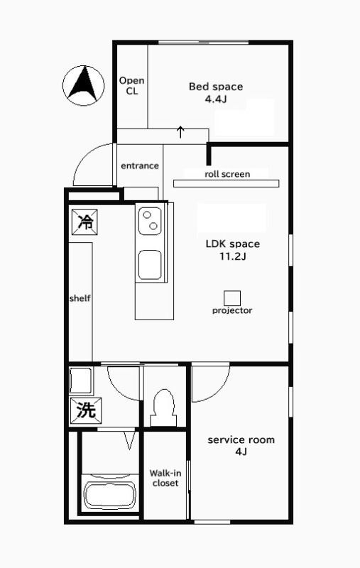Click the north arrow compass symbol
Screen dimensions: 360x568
(x=83, y=86)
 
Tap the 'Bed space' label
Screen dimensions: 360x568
(x=216, y=87)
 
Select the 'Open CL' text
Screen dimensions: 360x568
(x=132, y=86)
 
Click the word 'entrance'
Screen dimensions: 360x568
(x=140, y=166)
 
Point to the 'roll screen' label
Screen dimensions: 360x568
(x=227, y=174)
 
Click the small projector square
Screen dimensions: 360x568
(x=232, y=298)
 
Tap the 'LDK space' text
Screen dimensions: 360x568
(x=232, y=244)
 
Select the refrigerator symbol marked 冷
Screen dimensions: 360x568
(x=84, y=222)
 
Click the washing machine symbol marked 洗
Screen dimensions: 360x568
(x=86, y=410)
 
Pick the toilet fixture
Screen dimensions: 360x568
(x=164, y=408)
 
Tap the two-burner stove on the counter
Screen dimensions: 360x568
(x=150, y=221)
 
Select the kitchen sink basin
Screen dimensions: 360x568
(x=150, y=265)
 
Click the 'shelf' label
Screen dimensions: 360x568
(x=80, y=298)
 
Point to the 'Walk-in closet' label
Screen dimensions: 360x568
(x=165, y=478)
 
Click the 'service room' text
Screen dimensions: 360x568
(x=241, y=440)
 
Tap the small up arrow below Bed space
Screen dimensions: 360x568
(x=180, y=132)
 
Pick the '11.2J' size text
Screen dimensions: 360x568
(x=232, y=256)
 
